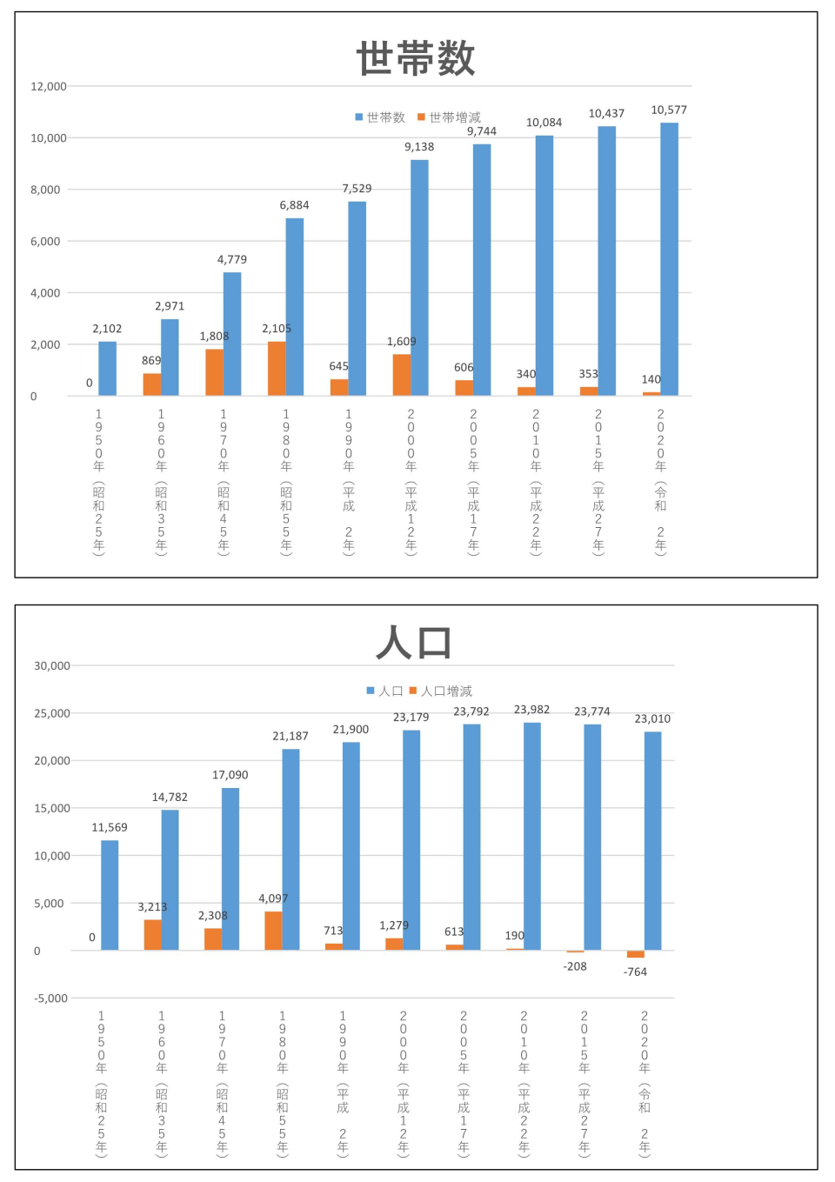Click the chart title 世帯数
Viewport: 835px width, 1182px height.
click(416, 58)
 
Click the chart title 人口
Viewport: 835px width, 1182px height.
click(414, 643)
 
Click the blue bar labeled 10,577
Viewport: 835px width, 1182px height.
click(669, 259)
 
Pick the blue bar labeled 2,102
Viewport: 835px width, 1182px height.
click(107, 369)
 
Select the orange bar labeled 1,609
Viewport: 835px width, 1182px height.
click(401, 375)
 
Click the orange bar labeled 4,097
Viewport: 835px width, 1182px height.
click(273, 931)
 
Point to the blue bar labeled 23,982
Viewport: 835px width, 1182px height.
click(531, 836)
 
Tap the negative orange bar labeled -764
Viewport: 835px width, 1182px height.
click(636, 954)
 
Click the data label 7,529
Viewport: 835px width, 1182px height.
click(357, 189)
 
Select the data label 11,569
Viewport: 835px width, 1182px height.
click(110, 827)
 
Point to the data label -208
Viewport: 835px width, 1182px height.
click(575, 966)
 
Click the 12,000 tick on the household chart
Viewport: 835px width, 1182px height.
click(49, 86)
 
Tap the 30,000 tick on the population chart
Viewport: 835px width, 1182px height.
click(52, 665)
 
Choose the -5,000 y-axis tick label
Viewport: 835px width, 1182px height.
click(50, 998)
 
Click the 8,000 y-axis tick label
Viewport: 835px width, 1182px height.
click(45, 190)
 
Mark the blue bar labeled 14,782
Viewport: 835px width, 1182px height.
click(170, 879)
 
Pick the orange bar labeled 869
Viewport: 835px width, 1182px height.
click(151, 384)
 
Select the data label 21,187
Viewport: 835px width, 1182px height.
click(291, 736)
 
